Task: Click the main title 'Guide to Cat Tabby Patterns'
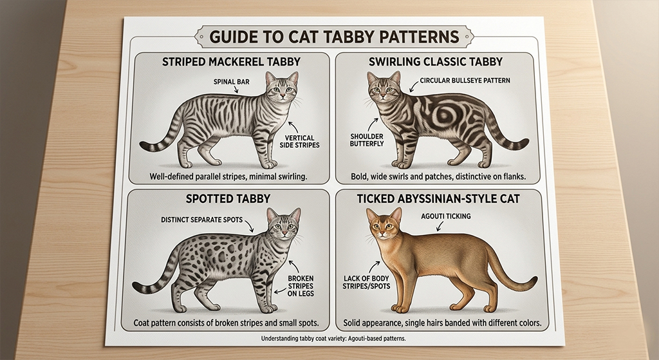(x=334, y=37)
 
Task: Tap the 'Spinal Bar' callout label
(x=232, y=82)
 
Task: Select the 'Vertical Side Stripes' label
(x=299, y=141)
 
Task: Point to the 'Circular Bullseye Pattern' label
(x=465, y=80)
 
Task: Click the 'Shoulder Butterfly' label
(x=367, y=140)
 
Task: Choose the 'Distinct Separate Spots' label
(x=201, y=220)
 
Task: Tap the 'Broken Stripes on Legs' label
(x=301, y=286)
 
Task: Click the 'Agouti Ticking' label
(x=445, y=216)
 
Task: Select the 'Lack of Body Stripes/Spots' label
(x=366, y=282)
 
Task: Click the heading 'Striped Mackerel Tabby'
(x=231, y=62)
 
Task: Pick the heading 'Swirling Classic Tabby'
(x=436, y=62)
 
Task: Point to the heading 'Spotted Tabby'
(x=228, y=198)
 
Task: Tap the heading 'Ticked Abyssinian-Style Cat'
(x=438, y=198)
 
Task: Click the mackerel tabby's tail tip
(x=143, y=146)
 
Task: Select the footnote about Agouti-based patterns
(x=333, y=338)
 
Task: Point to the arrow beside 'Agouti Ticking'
(x=440, y=227)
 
